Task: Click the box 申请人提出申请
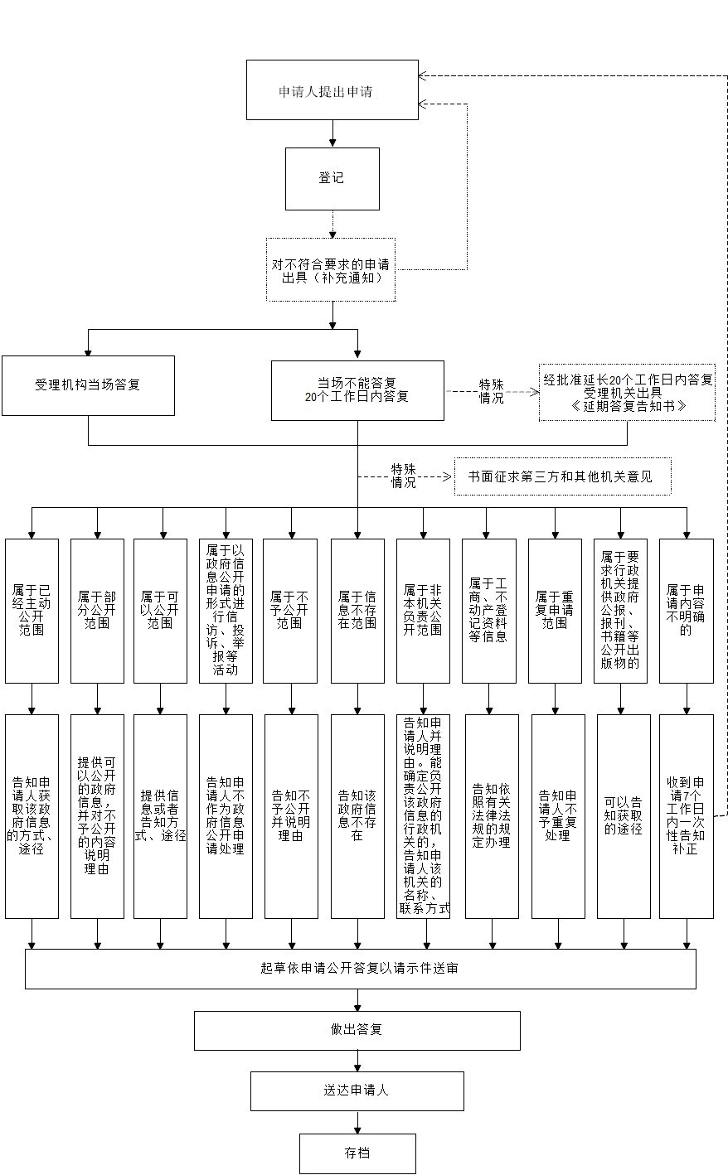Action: pos(332,90)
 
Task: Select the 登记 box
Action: pos(332,178)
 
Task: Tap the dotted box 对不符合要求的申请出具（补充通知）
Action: pos(330,269)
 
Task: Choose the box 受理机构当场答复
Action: pos(88,385)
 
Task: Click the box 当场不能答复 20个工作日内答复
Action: pos(357,389)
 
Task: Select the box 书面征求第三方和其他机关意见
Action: pos(562,477)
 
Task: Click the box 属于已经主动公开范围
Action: pos(32,611)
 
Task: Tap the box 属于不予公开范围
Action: pos(290,611)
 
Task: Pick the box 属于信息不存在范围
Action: pos(357,611)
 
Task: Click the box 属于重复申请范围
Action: pos(555,611)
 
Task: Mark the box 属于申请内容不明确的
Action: pos(686,611)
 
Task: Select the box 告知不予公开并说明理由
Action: pos(291,816)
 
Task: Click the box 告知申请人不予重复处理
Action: pos(557,816)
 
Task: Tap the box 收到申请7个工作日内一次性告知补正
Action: pos(686,816)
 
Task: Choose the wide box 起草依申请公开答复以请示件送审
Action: pos(360,969)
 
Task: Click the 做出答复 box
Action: pos(357,1030)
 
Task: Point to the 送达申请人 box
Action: pos(357,1090)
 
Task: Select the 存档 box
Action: pos(357,1153)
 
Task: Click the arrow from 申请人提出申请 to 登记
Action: pos(332,133)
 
